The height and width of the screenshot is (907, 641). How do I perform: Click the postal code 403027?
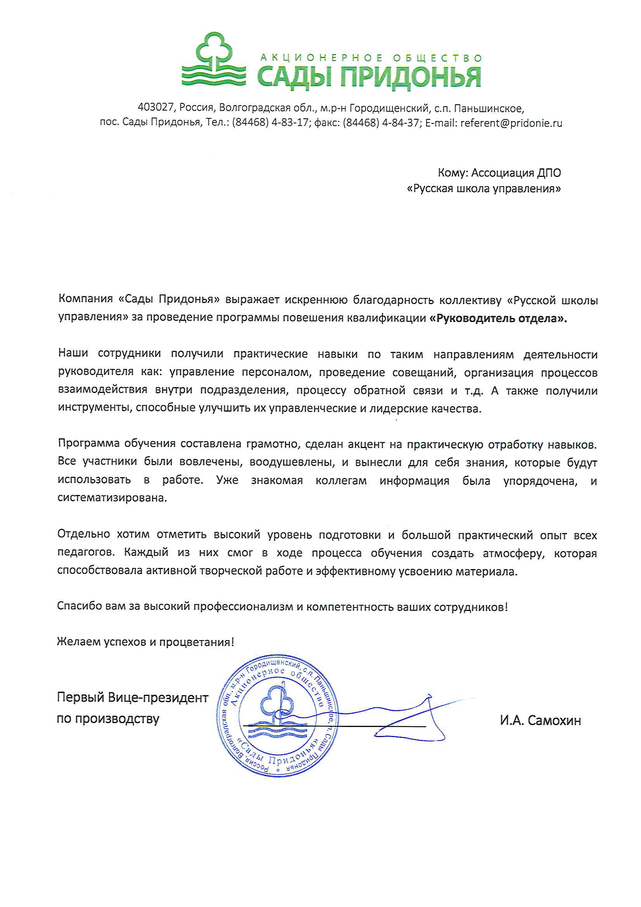(155, 107)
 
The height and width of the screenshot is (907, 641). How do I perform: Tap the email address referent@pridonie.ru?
(511, 123)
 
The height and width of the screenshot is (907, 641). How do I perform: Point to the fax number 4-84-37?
(401, 123)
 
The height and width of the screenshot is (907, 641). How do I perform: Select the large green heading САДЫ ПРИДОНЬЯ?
(369, 77)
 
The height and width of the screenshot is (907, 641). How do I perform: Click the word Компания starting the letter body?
(86, 299)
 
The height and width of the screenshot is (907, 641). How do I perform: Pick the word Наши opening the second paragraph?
(73, 353)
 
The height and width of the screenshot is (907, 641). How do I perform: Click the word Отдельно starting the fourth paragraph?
(84, 534)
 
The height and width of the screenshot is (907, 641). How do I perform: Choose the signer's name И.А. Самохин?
(540, 720)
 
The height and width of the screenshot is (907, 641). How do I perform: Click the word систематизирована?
(112, 498)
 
